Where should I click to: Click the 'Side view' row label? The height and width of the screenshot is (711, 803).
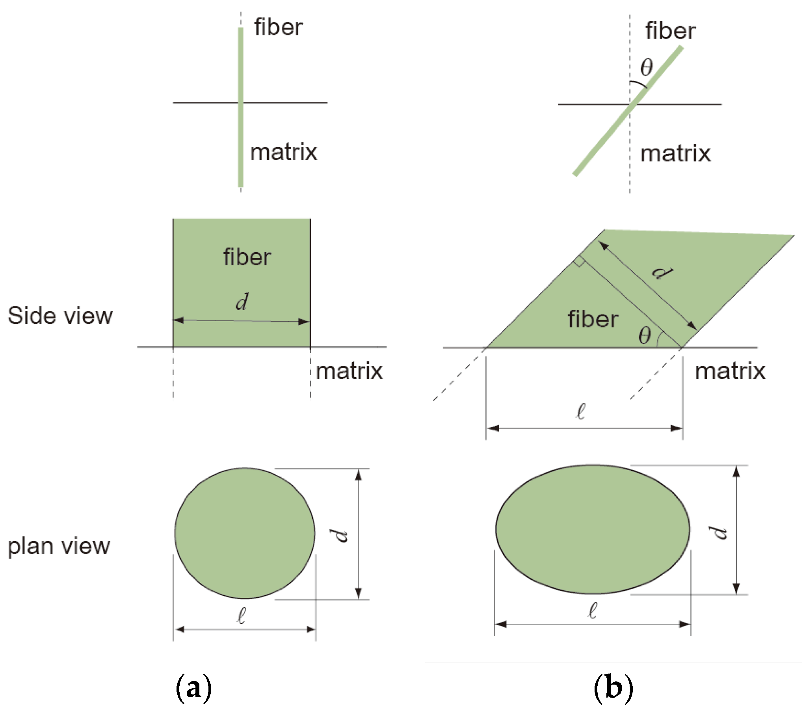pos(60,316)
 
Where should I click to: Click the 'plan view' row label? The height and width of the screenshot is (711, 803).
pos(59,546)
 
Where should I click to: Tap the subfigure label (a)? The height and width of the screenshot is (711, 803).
pos(193,688)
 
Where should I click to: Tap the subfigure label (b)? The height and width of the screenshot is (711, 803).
pos(613,688)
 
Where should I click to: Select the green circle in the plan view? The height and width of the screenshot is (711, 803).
pos(244,533)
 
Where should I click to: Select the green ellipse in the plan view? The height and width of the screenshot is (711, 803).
pos(593,529)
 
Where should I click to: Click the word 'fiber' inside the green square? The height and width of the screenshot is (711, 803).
pos(247,257)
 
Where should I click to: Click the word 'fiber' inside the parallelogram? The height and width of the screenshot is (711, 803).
pos(593,319)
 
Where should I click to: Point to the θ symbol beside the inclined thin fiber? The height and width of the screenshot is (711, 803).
pos(646,67)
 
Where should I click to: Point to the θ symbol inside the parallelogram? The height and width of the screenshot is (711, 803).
pos(645,336)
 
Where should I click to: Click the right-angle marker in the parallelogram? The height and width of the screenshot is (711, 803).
pos(578,262)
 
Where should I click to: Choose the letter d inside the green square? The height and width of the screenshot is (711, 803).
pos(242,302)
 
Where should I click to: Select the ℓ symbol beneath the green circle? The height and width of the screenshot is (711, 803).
pos(242,616)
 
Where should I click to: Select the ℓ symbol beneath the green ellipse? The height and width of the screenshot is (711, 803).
pos(593,610)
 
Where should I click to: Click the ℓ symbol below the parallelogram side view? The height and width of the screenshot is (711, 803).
pos(581,411)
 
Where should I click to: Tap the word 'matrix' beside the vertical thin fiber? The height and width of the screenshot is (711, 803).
pos(284,152)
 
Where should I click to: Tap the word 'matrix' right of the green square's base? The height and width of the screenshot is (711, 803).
pos(349,371)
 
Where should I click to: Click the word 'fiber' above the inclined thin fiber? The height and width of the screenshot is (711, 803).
pos(670,31)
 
